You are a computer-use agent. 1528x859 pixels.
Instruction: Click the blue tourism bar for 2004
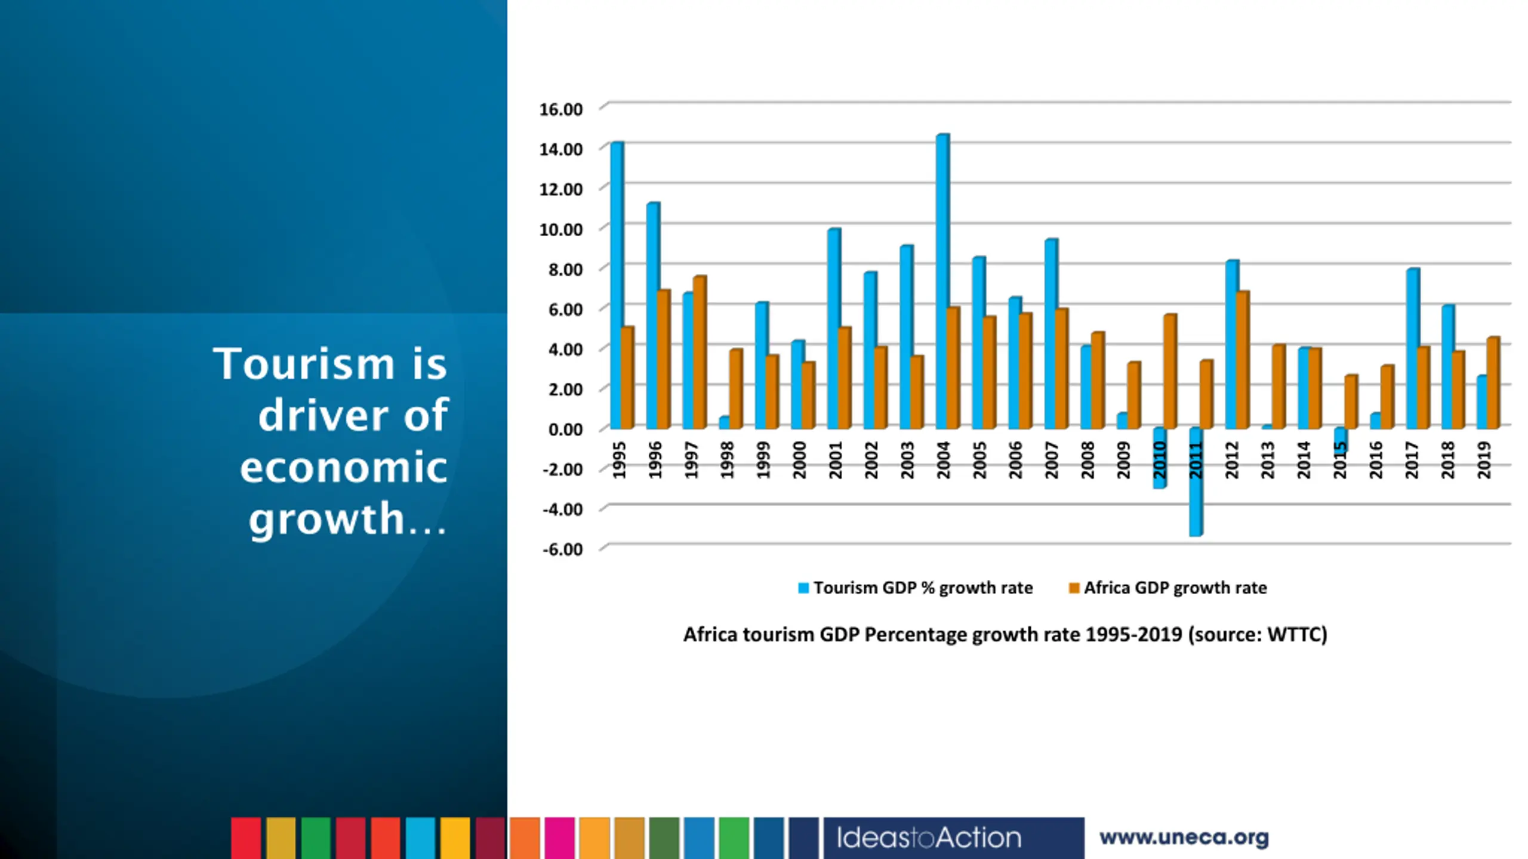pos(942,280)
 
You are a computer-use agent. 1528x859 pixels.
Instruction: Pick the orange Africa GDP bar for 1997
pos(700,352)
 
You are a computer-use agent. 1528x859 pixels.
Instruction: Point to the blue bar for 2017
pos(1412,348)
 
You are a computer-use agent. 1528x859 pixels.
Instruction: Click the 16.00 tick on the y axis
pos(560,109)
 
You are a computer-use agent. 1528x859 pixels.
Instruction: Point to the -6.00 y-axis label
pos(562,549)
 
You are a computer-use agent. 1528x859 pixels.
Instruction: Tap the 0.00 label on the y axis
pos(565,429)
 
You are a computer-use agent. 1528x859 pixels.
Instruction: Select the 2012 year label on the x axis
pos(1231,460)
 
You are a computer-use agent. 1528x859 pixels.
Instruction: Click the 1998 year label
pos(727,460)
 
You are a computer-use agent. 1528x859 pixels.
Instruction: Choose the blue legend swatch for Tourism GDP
pos(803,588)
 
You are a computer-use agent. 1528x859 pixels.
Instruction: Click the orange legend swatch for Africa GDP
pos(1074,588)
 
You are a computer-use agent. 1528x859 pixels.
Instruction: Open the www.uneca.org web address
pos(1184,838)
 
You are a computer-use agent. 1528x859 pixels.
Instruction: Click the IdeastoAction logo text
pos(928,838)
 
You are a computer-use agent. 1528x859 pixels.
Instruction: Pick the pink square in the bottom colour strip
pos(559,838)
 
